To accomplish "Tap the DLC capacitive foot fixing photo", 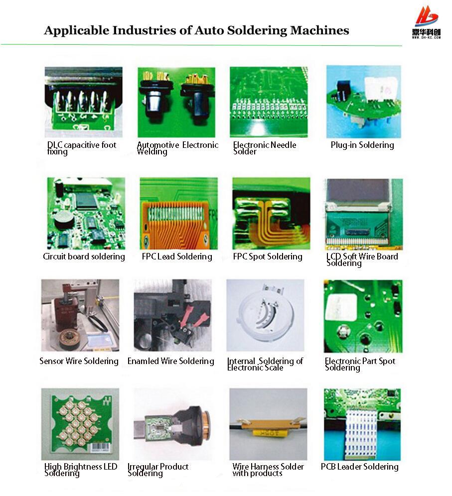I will click(83, 102).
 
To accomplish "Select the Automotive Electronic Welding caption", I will click(177, 148).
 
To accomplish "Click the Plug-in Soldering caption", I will click(362, 145).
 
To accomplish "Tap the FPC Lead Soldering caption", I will click(177, 256).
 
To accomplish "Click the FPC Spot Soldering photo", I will click(271, 213).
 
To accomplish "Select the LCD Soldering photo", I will click(363, 214).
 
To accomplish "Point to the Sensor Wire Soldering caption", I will click(79, 361).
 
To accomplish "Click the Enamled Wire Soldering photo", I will click(172, 315).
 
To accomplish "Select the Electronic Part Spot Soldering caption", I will click(360, 364).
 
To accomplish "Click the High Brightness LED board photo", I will click(80, 424).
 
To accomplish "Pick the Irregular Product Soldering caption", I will click(158, 470).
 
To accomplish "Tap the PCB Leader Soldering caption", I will click(359, 467).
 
